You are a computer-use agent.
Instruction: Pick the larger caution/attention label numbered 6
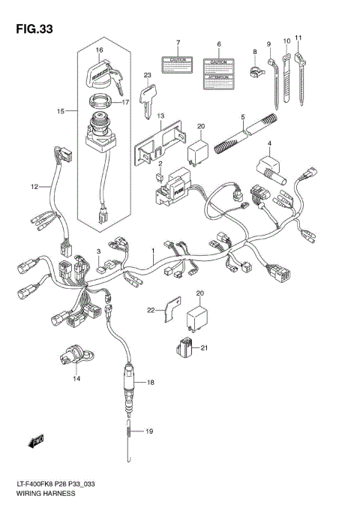coord(218,71)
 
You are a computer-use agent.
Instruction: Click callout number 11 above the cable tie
coord(298,37)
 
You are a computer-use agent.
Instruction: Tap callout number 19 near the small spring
coord(149,431)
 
